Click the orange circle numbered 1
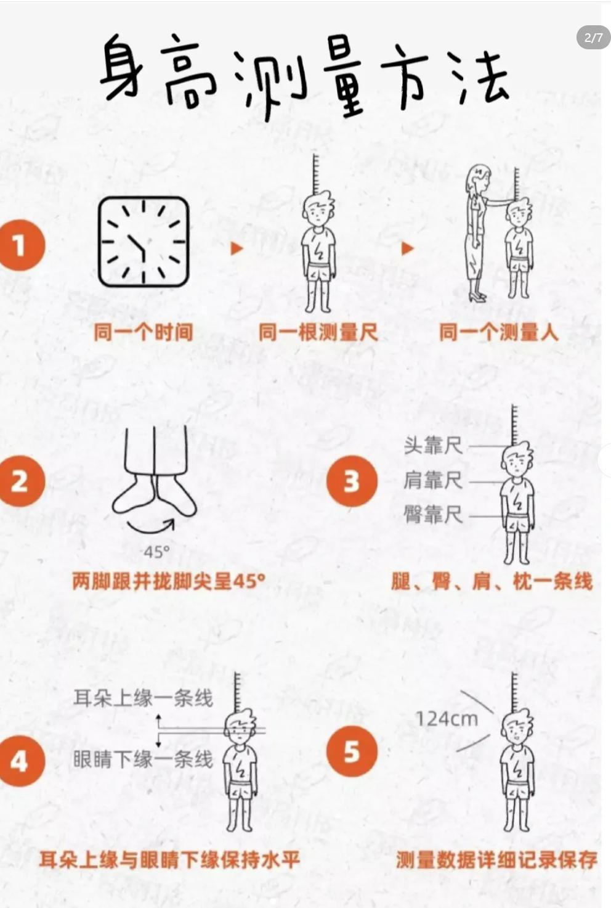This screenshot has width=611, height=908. pyautogui.click(x=21, y=245)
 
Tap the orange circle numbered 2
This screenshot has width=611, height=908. pyautogui.click(x=21, y=481)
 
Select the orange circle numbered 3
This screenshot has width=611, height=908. pyautogui.click(x=352, y=481)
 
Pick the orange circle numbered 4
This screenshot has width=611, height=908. pyautogui.click(x=21, y=761)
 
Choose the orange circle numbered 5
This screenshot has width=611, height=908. pyautogui.click(x=352, y=751)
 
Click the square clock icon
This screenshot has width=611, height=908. pyautogui.click(x=144, y=242)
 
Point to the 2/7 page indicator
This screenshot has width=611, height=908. pyautogui.click(x=594, y=38)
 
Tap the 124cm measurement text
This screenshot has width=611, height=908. pyautogui.click(x=447, y=719)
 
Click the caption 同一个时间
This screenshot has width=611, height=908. pyautogui.click(x=144, y=332)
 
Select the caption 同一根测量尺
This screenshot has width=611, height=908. pyautogui.click(x=318, y=332)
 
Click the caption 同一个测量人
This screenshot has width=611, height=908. pyautogui.click(x=499, y=332)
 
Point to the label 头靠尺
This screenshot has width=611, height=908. pyautogui.click(x=433, y=446)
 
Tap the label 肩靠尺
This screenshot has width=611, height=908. pyautogui.click(x=433, y=480)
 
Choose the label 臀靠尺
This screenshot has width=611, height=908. pyautogui.click(x=433, y=515)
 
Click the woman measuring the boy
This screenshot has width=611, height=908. pyautogui.click(x=478, y=233)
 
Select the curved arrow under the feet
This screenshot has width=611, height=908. pyautogui.click(x=150, y=530)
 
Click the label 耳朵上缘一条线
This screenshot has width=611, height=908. pyautogui.click(x=143, y=698)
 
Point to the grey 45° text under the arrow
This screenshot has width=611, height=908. pyautogui.click(x=156, y=552)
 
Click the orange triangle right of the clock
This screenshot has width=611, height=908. pyautogui.click(x=237, y=248)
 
